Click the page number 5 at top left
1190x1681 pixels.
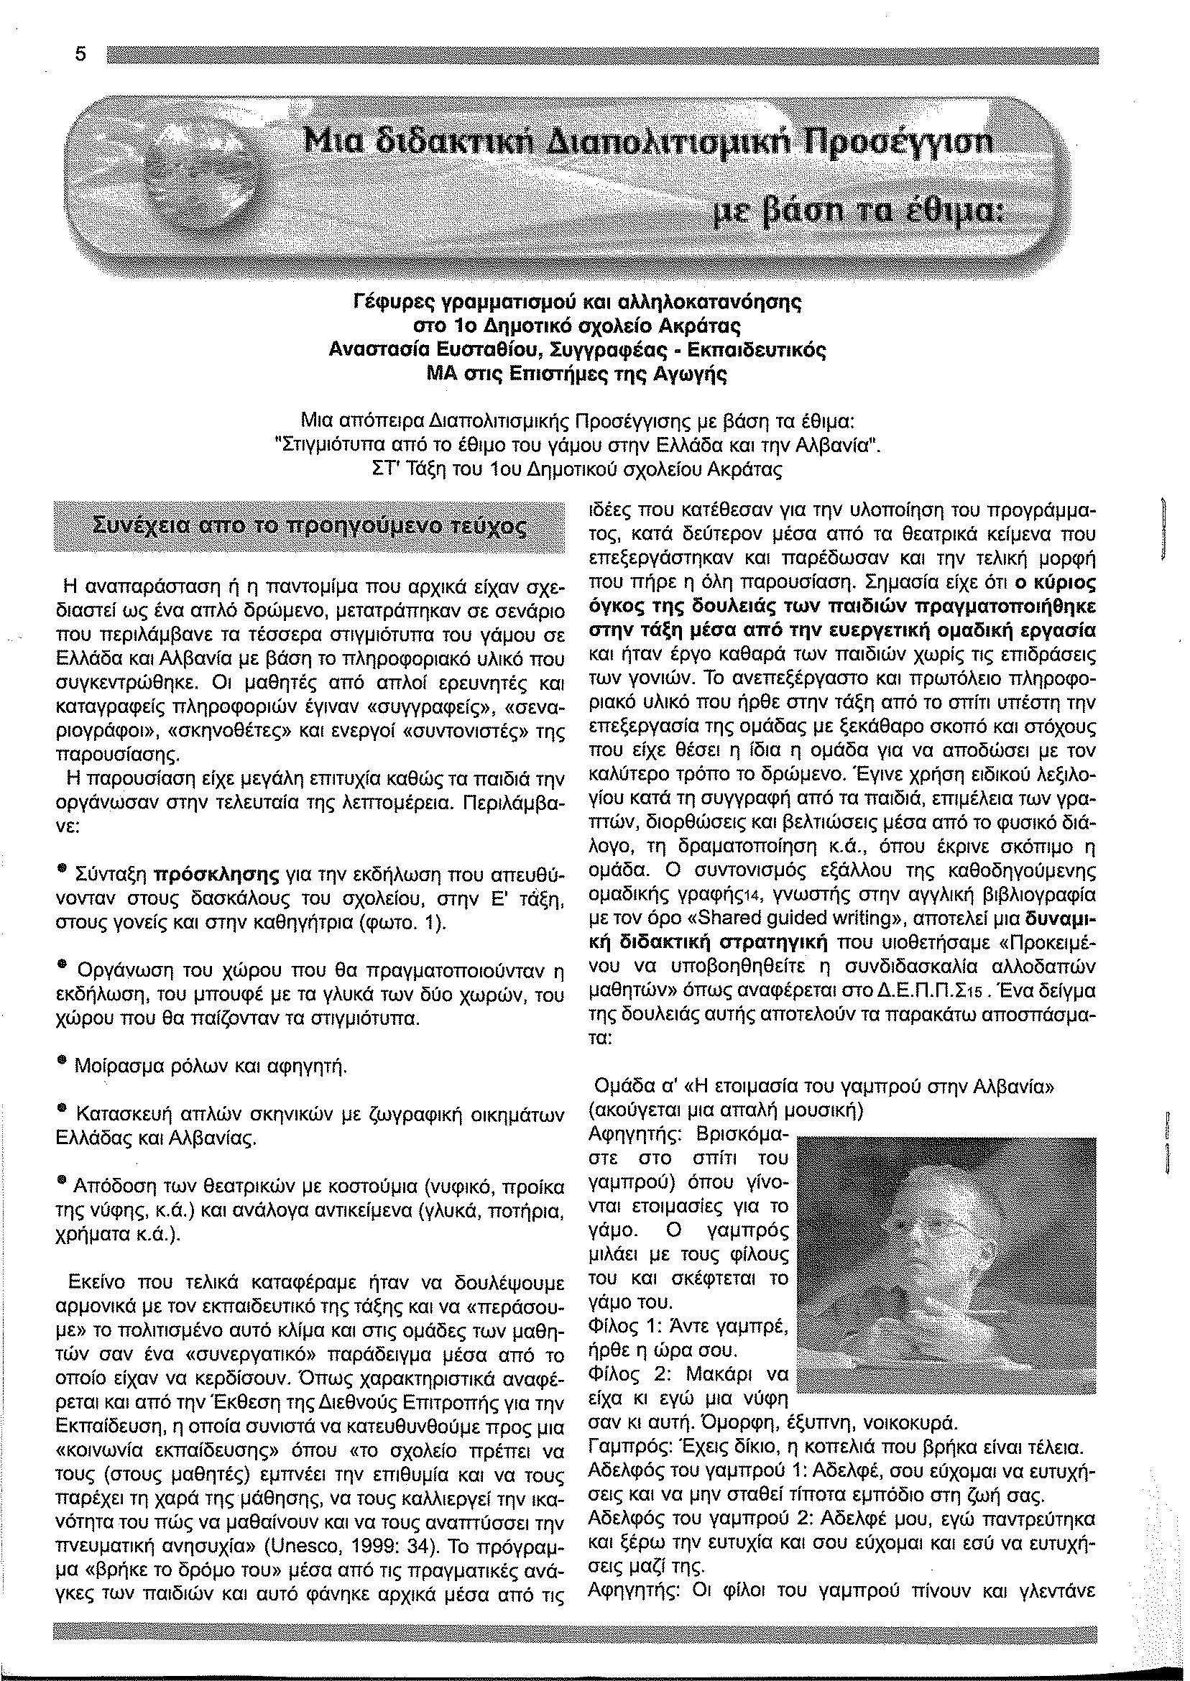coord(80,55)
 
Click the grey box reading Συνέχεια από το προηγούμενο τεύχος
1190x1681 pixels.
coord(310,527)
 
